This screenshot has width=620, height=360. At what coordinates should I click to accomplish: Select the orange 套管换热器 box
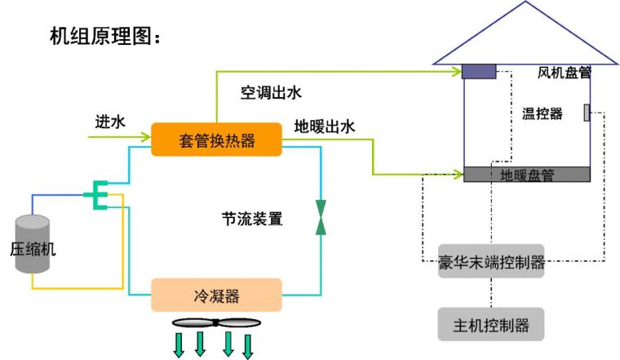click(216, 140)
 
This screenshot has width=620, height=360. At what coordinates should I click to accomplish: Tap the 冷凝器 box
click(216, 295)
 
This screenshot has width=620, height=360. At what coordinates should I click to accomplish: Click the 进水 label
click(109, 122)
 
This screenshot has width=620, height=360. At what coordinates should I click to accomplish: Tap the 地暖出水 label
click(325, 127)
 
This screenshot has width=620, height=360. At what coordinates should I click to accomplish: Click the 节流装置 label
click(252, 219)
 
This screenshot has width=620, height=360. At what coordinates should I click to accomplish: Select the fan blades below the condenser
click(215, 322)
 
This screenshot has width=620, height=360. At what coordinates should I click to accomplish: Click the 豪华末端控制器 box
click(491, 262)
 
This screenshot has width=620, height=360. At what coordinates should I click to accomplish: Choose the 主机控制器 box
click(491, 325)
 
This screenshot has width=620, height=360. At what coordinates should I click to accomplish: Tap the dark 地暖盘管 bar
click(527, 174)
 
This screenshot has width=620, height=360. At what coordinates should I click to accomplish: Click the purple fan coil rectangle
click(479, 72)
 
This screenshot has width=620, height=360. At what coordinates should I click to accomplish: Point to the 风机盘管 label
click(564, 73)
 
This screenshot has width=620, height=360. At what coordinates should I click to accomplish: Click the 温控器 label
click(542, 113)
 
